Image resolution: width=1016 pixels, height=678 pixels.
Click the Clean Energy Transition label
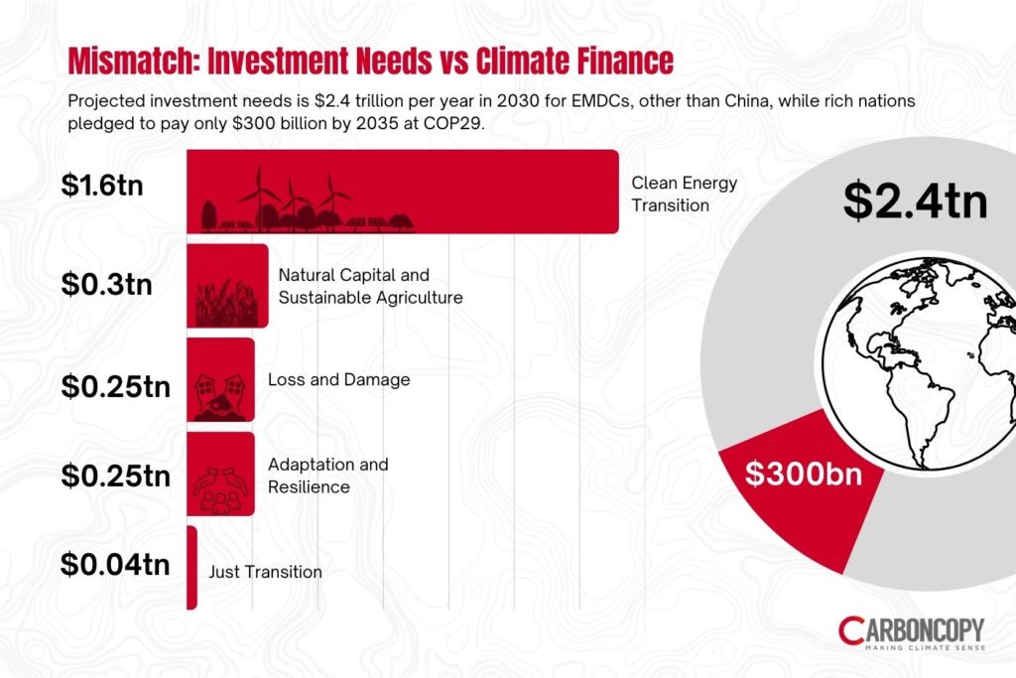click(x=685, y=195)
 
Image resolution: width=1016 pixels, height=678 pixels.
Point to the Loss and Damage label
click(x=338, y=380)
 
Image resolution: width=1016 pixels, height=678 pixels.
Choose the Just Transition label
click(x=265, y=572)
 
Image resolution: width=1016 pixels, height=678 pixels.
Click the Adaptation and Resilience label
click(x=327, y=475)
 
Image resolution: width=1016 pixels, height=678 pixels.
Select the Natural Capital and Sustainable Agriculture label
click(x=370, y=286)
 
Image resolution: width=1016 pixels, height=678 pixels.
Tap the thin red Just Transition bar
click(x=191, y=568)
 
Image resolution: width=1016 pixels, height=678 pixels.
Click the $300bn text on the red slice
click(x=803, y=474)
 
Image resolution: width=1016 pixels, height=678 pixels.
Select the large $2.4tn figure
click(x=915, y=201)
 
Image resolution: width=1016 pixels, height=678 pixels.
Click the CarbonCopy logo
click(x=910, y=632)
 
